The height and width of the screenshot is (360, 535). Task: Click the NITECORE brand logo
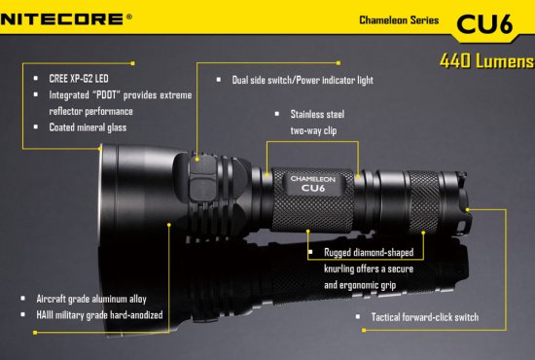coord(61,18)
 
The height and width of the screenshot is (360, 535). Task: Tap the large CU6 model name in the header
coord(484,24)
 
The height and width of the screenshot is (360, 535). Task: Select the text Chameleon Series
coord(399,20)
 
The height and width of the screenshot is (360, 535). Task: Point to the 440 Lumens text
coord(486,61)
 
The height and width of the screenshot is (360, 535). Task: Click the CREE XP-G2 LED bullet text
coord(79,79)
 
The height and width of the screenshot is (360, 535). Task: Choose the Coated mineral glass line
coord(88,127)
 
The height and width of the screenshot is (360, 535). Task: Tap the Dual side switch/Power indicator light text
coord(303,80)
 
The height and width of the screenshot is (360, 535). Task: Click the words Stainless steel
coord(317,114)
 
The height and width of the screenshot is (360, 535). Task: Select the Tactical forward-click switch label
coord(425,317)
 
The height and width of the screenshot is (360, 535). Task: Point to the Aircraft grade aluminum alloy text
coord(91,299)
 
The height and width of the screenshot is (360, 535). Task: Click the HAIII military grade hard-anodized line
coord(99,315)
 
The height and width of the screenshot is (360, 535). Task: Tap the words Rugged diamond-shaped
coord(369,253)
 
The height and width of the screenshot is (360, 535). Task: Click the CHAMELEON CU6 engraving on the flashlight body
coord(313,184)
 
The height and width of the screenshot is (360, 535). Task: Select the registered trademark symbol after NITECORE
coord(129,17)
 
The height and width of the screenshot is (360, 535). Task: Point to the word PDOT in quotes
coord(106,94)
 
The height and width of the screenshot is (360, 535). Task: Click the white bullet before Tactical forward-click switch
coord(358,316)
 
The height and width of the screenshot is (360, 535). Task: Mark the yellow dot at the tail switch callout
coord(468,209)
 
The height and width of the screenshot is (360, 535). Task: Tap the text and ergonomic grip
coord(360,285)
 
